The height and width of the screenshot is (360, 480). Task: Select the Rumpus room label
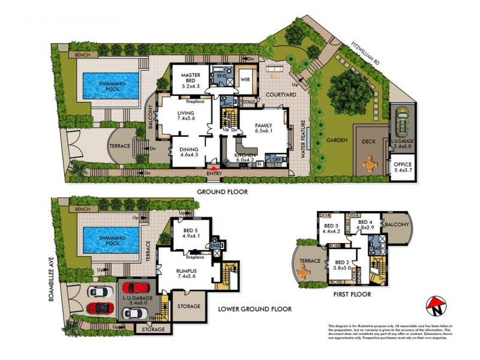tap(187, 274)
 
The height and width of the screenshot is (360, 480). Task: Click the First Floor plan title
tap(352, 295)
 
